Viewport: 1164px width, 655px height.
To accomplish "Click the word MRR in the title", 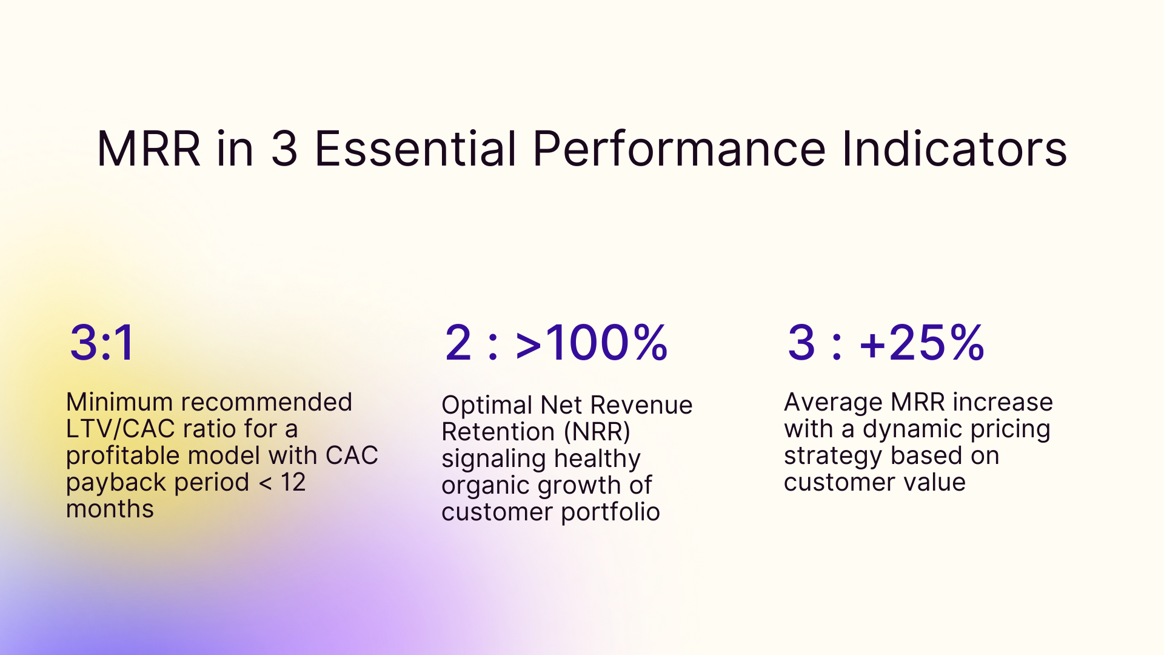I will [x=149, y=149].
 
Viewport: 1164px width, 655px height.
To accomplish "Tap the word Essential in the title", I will [x=415, y=149].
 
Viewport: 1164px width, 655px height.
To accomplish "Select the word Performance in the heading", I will [x=679, y=149].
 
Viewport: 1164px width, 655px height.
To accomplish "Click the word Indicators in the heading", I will [x=954, y=149].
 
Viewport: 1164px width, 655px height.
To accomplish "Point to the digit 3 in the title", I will [x=284, y=149].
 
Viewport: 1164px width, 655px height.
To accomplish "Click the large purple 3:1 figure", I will [x=102, y=343].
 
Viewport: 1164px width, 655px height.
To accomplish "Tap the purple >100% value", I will [x=591, y=343].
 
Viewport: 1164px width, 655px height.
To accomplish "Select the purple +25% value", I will [x=921, y=343].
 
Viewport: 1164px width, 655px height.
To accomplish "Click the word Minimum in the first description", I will [x=119, y=402].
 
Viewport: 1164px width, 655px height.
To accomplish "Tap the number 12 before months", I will [x=293, y=482].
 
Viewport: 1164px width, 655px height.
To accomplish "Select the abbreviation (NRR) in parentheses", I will [x=597, y=432].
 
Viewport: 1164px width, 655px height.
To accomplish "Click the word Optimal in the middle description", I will [x=487, y=405].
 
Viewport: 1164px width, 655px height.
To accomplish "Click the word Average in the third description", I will [x=833, y=403].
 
